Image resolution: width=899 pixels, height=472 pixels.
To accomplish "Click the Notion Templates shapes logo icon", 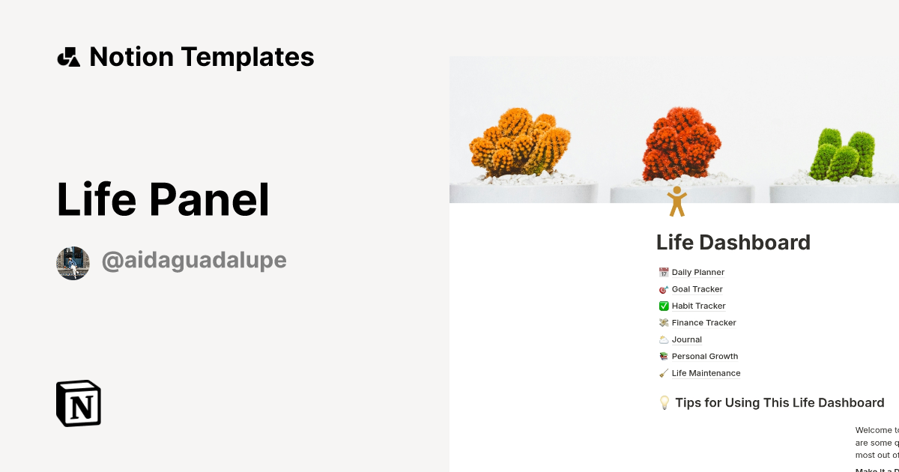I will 68,57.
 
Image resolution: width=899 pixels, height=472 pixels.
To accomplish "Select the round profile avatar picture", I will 73,263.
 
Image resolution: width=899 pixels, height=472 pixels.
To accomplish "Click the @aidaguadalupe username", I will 194,261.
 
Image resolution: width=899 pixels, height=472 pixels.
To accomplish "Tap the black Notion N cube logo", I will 79,403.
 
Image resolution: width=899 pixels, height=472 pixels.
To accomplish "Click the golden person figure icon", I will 676,202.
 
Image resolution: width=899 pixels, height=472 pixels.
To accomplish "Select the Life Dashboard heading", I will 733,243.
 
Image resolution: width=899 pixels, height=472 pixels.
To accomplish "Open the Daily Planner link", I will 697,273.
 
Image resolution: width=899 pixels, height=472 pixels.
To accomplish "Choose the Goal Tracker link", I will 697,289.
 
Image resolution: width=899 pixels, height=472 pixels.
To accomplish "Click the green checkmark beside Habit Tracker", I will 663,306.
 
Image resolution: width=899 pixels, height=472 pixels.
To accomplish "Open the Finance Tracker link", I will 703,323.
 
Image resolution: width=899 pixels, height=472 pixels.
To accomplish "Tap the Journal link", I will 686,339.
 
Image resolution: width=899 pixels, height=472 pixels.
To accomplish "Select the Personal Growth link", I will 704,357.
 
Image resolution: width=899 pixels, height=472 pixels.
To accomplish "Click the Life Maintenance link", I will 706,373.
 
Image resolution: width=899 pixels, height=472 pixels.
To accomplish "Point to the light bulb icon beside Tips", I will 664,403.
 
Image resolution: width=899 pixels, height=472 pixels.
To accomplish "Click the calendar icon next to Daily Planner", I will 663,273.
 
